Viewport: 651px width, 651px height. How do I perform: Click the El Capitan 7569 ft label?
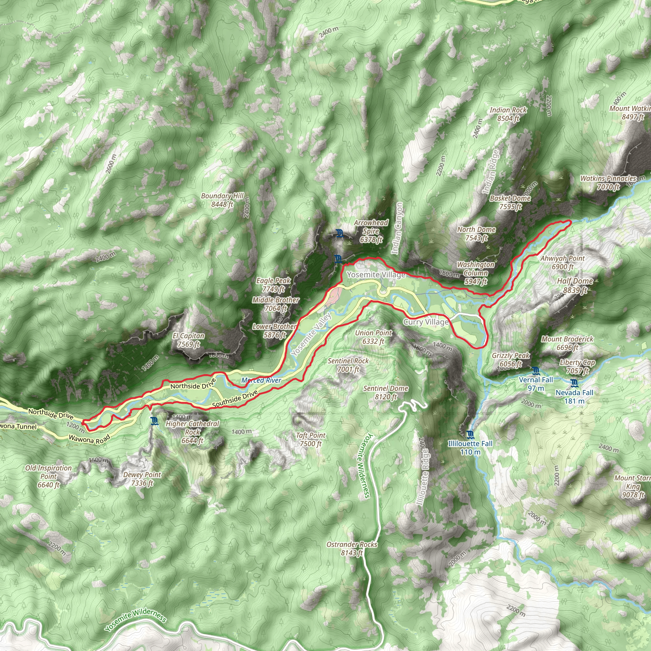[188, 340]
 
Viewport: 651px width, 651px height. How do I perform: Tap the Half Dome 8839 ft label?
[575, 285]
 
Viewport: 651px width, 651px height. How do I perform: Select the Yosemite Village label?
[376, 275]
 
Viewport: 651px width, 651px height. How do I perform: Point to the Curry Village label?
[426, 322]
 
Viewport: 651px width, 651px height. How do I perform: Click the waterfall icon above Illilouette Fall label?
[470, 435]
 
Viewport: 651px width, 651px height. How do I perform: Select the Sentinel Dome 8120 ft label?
[386, 393]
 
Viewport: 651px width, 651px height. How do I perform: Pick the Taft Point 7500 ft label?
[311, 439]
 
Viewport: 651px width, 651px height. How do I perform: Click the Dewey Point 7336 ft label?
[142, 479]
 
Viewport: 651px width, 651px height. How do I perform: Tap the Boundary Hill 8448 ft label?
[222, 200]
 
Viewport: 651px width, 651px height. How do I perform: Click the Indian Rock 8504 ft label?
[508, 114]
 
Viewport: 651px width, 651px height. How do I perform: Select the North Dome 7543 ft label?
[476, 234]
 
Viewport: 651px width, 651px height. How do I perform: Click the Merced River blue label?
[261, 380]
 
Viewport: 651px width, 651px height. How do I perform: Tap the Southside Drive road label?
[235, 399]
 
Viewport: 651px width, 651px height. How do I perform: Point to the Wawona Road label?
[89, 439]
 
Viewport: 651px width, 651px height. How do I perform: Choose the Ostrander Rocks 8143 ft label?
[352, 548]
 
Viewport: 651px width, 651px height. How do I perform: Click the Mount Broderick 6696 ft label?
[567, 343]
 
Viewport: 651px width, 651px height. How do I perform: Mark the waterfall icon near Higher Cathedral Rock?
[154, 421]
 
